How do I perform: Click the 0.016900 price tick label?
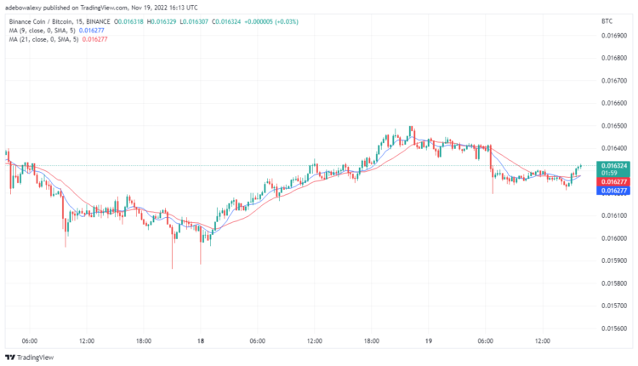pyautogui.click(x=612, y=36)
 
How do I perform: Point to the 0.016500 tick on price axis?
pyautogui.click(x=612, y=125)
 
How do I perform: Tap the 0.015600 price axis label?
pyautogui.click(x=612, y=327)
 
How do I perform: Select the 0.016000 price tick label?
pyautogui.click(x=612, y=237)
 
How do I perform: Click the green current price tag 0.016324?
pyautogui.click(x=613, y=165)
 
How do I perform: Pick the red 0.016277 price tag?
pyautogui.click(x=613, y=182)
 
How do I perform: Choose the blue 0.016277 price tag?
pyautogui.click(x=613, y=191)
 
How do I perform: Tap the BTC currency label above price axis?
pyautogui.click(x=607, y=20)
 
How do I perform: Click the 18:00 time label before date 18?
pyautogui.click(x=143, y=341)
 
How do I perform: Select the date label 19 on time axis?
pyautogui.click(x=429, y=341)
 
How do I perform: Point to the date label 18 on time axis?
pyautogui.click(x=201, y=341)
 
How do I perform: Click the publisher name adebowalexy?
pyautogui.click(x=26, y=6)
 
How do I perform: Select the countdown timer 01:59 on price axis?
pyautogui.click(x=609, y=173)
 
